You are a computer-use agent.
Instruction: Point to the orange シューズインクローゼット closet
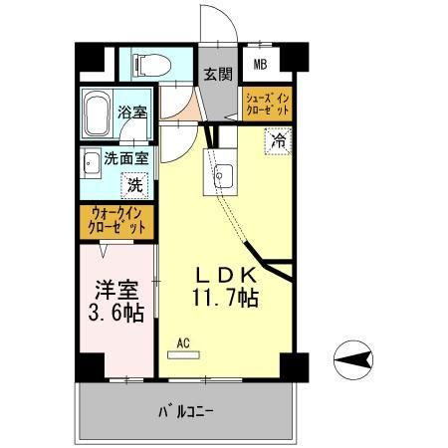coord(267,103)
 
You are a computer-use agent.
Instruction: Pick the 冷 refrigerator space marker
coord(280,141)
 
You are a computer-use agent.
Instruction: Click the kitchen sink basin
coord(221,176)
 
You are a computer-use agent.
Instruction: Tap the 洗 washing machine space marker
coord(133,183)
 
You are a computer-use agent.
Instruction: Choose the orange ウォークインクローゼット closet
coord(117,219)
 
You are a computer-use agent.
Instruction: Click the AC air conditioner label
coord(182,345)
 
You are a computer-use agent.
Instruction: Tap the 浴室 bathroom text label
coord(130,112)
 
